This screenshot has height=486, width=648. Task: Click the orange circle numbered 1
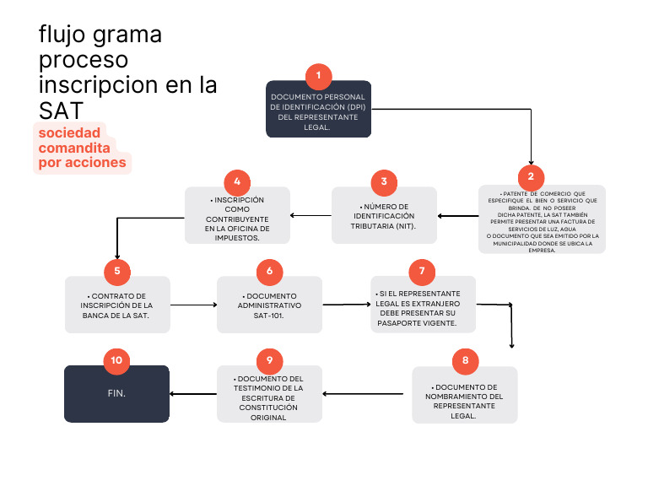tap(318, 76)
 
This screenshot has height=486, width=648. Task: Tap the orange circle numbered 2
tap(531, 176)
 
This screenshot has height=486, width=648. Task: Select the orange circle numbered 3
tap(384, 181)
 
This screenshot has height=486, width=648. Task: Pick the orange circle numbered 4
tap(237, 181)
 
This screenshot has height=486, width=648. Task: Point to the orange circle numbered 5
tap(117, 271)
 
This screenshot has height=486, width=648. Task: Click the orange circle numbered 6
tap(269, 271)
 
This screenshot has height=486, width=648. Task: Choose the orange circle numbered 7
tap(422, 271)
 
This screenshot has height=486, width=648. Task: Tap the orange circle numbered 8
tap(464, 361)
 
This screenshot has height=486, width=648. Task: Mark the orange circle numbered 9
tap(269, 360)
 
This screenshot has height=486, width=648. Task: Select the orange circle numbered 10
tap(117, 360)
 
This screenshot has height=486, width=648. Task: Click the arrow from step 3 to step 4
tap(310, 216)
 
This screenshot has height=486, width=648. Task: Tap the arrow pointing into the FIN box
tap(193, 394)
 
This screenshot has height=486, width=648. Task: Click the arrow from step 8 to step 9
tap(367, 394)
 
